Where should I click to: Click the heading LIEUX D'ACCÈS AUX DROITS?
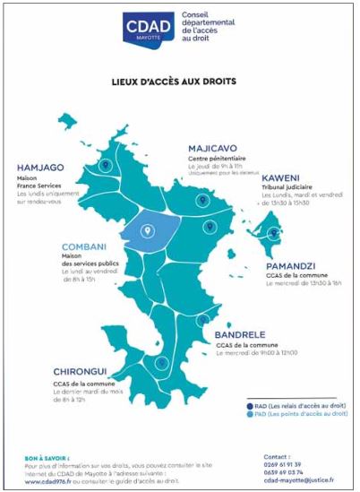click(x=179, y=81)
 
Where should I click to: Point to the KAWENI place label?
click(x=280, y=177)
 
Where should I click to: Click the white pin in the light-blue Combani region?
click(x=145, y=230)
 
